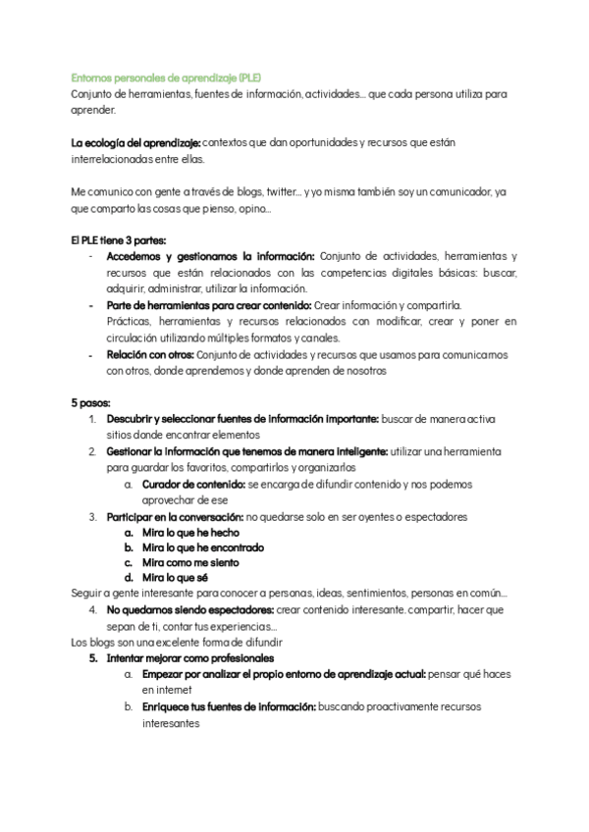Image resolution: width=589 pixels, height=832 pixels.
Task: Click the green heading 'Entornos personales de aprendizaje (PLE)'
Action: click(x=166, y=78)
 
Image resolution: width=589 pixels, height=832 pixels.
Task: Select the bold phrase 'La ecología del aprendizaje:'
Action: click(x=135, y=142)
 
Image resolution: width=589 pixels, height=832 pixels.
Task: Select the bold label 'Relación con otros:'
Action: click(x=150, y=354)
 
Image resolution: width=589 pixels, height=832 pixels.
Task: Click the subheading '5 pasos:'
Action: click(x=90, y=402)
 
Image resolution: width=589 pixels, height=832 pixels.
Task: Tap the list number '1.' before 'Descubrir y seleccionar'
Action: click(x=92, y=419)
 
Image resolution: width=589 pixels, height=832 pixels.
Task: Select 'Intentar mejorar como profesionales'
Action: click(x=189, y=658)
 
